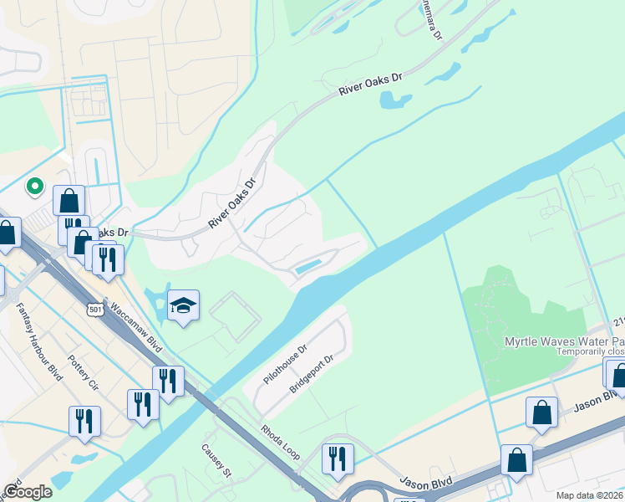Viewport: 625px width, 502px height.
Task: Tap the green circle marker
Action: tap(34, 186)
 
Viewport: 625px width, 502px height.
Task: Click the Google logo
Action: tap(28, 492)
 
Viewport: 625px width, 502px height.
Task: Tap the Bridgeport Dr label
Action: tap(312, 375)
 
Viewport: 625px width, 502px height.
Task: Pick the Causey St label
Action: tap(214, 460)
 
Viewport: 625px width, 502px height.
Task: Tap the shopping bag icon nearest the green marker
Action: tap(69, 201)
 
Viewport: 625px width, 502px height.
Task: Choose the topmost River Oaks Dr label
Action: tap(370, 85)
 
